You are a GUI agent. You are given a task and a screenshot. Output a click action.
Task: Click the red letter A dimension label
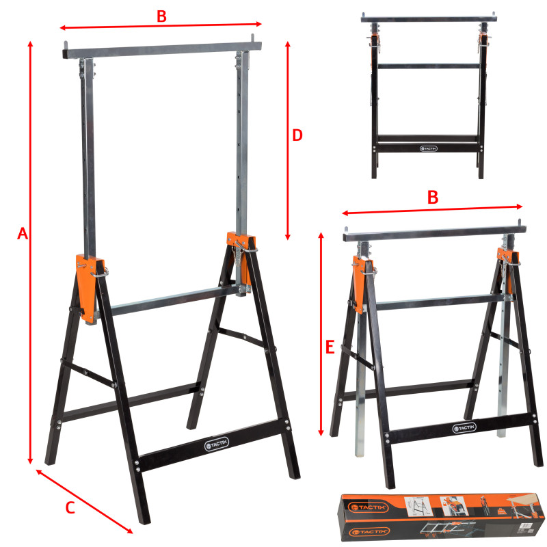coord(23,233)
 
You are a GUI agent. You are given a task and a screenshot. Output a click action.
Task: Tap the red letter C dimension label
coord(70,507)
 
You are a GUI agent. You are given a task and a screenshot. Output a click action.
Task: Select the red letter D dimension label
coord(297,135)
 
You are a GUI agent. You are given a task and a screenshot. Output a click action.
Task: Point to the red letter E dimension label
coord(330,347)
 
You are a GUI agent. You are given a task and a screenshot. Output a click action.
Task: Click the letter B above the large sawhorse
coord(161,16)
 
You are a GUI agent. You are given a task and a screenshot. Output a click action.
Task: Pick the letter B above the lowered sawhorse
coord(433,198)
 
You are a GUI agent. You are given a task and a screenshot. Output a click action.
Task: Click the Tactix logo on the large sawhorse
coord(216,444)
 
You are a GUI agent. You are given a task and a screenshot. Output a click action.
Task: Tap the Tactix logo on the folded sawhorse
coord(429,148)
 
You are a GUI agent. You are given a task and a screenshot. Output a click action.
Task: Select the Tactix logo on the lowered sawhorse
coord(464,428)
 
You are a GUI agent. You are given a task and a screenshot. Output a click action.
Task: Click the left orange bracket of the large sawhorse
coord(88,288)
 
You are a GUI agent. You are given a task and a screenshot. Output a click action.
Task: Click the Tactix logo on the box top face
coord(368,507)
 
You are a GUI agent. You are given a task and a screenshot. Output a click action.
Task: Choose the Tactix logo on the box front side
coord(369,532)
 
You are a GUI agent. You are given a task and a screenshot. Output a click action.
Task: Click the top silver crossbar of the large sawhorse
coord(162,50)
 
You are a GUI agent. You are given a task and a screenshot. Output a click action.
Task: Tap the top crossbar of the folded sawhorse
coord(429,19)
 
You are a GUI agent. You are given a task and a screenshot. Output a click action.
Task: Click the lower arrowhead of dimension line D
coord(287,237)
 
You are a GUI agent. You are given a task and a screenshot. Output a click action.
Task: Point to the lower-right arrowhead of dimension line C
coord(129,531)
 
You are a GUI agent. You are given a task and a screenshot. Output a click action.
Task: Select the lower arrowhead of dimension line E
coord(321,433)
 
